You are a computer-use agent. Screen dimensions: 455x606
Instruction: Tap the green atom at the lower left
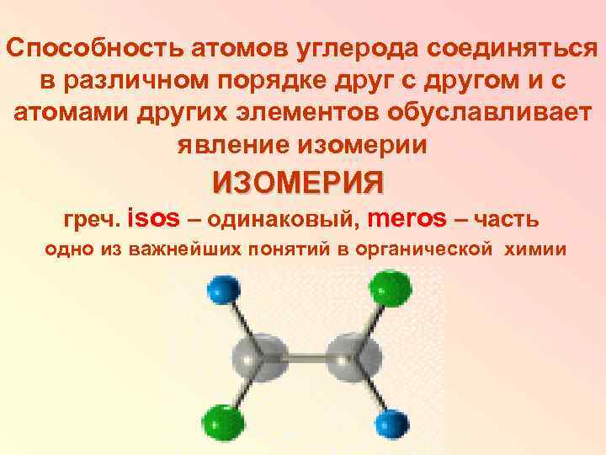pyautogui.click(x=221, y=419)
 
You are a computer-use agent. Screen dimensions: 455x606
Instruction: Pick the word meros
pyautogui.click(x=408, y=219)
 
